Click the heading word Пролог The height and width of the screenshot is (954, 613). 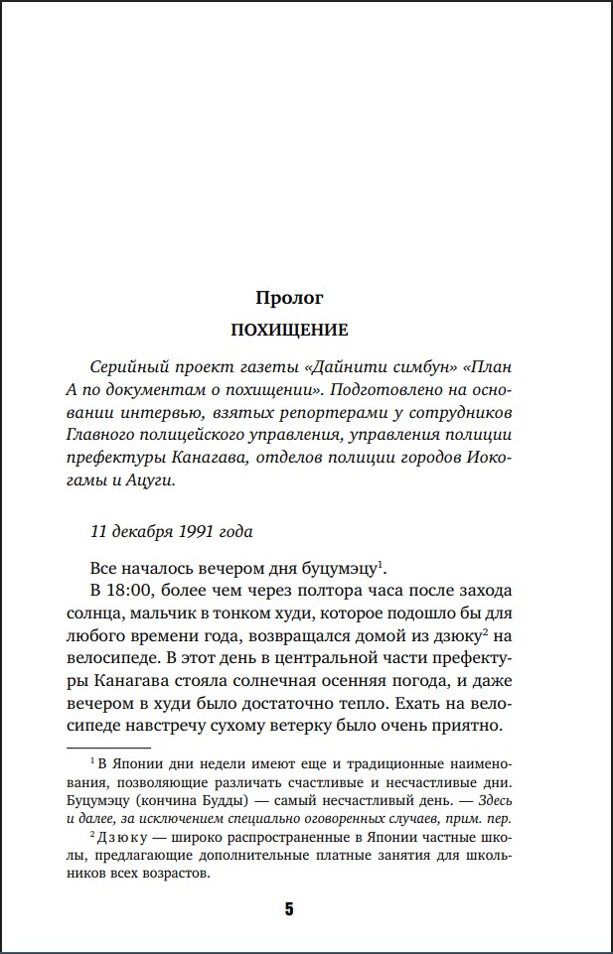pos(289,297)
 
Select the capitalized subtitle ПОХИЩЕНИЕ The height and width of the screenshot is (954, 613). pos(289,329)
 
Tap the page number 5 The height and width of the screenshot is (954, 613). pos(289,909)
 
